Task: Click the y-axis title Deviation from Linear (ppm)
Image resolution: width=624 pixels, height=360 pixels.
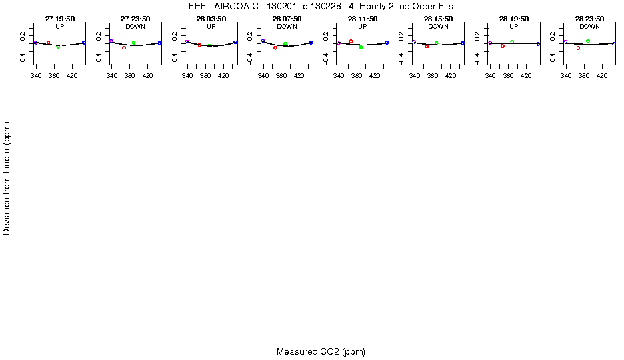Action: pyautogui.click(x=7, y=178)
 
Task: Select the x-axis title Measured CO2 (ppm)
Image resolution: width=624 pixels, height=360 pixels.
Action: pyautogui.click(x=321, y=351)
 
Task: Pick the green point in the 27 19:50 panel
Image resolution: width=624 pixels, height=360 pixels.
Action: pyautogui.click(x=58, y=47)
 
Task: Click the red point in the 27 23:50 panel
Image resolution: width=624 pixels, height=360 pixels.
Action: pyautogui.click(x=124, y=47)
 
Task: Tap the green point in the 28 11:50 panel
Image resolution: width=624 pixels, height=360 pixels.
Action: pyautogui.click(x=361, y=47)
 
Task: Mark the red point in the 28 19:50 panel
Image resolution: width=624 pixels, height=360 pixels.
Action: pyautogui.click(x=503, y=45)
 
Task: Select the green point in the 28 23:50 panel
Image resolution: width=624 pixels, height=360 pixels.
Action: pyautogui.click(x=588, y=41)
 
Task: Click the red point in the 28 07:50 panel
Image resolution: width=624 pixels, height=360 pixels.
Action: pyautogui.click(x=275, y=47)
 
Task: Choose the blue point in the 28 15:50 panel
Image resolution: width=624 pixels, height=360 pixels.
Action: pyautogui.click(x=463, y=43)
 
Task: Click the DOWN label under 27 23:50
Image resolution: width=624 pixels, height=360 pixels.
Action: pyautogui.click(x=135, y=27)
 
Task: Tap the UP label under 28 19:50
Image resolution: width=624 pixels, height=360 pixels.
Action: pyautogui.click(x=514, y=27)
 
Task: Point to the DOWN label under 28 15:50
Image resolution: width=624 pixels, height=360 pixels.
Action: pyautogui.click(x=438, y=27)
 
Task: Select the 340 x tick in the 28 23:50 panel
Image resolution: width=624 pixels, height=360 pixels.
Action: pyautogui.click(x=566, y=75)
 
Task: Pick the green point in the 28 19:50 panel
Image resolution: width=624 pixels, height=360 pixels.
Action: pyautogui.click(x=512, y=42)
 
